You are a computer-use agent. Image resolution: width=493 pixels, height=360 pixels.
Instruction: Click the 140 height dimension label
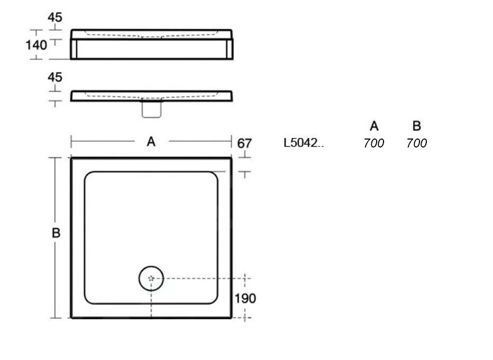[36, 45]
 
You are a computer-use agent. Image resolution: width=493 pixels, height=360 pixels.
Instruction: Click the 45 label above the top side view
[55, 17]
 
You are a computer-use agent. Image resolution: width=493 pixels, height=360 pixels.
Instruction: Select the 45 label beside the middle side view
[55, 77]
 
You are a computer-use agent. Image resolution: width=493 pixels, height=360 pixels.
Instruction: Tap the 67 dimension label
[244, 143]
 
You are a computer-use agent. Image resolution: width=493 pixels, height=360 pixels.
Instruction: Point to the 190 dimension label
[245, 298]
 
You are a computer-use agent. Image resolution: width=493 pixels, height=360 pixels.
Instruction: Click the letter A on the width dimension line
[151, 142]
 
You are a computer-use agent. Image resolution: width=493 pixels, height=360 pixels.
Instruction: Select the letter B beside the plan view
[56, 233]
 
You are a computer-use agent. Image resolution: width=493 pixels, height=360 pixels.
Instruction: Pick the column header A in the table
[374, 126]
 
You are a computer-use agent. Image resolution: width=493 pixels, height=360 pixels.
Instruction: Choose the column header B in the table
[417, 126]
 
